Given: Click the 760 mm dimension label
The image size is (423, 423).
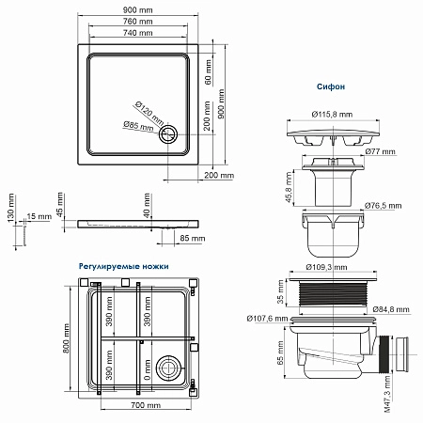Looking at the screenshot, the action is [x=138, y=22].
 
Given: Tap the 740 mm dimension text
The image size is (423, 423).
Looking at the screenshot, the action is [x=138, y=33].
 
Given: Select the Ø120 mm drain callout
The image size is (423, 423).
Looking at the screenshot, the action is [x=149, y=113].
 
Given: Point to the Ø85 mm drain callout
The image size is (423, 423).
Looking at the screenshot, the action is [x=138, y=126].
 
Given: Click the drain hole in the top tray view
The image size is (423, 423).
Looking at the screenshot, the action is [x=168, y=134].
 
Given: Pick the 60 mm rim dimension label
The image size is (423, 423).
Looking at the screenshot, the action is [x=208, y=72].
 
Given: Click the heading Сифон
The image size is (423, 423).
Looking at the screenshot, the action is [x=331, y=86].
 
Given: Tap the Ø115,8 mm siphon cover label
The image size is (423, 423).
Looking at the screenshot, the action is [x=332, y=115].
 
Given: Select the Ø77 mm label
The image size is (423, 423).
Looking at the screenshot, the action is [x=381, y=151].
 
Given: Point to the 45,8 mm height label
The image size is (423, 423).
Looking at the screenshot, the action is [x=289, y=187].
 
